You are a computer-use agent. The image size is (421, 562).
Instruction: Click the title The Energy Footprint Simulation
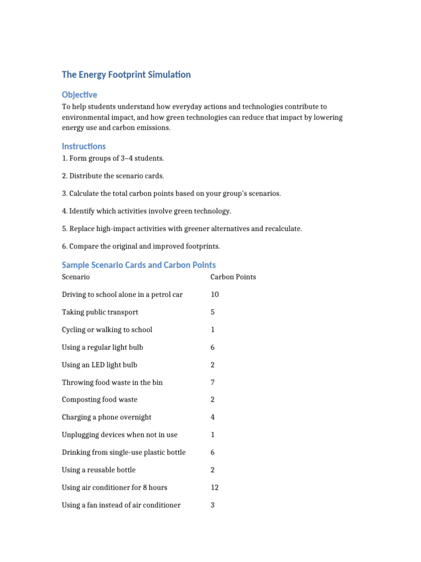126,75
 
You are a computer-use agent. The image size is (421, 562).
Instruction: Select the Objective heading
79,95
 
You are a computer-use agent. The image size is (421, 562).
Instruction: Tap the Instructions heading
84,147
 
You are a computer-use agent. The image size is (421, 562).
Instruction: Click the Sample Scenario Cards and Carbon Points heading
139,265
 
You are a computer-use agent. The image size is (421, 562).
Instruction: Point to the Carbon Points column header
233,277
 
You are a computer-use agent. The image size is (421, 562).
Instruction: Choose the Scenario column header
76,277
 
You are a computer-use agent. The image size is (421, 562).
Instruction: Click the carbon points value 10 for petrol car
214,295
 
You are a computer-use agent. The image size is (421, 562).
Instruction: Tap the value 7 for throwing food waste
213,383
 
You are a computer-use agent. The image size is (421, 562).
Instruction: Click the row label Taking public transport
100,312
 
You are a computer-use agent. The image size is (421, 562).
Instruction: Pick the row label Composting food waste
100,400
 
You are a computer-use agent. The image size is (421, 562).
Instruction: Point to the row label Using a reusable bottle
99,470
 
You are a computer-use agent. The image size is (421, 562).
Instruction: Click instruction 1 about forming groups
113,159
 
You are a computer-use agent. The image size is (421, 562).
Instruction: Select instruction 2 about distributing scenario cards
113,176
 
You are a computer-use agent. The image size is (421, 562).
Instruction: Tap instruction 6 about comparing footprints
141,246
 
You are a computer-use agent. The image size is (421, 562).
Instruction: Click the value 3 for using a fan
213,505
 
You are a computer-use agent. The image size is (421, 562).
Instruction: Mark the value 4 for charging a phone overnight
213,417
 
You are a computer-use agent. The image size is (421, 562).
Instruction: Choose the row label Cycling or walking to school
107,330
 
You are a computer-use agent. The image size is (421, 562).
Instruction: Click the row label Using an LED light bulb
100,365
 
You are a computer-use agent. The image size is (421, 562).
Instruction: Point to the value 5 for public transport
213,312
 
